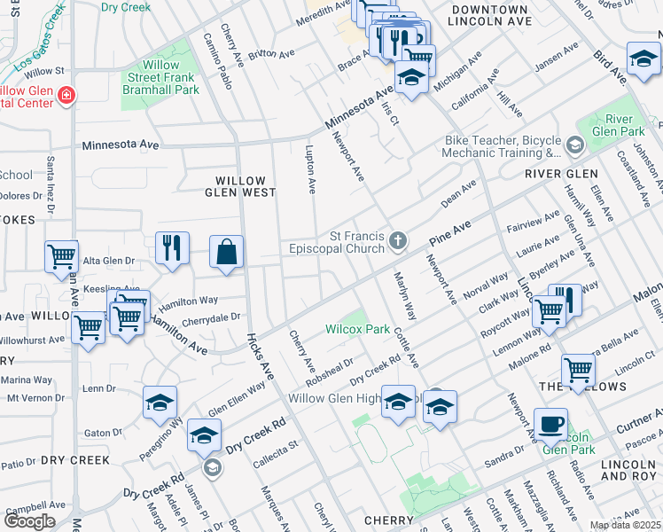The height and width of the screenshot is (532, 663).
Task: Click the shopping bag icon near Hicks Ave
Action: [227, 252]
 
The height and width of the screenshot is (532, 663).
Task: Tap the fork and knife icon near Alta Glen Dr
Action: [172, 248]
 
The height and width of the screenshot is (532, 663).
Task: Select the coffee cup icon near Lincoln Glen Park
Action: [550, 424]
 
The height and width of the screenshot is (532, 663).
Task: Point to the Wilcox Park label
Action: [357, 329]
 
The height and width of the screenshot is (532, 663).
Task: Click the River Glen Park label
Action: [625, 125]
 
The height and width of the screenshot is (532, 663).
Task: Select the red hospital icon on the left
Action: [65, 95]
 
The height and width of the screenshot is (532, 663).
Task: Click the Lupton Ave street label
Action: [310, 169]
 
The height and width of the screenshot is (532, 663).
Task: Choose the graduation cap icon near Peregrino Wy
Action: [160, 403]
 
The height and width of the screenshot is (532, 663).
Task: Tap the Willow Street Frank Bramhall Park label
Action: [160, 77]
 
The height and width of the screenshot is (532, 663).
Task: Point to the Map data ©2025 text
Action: [626, 526]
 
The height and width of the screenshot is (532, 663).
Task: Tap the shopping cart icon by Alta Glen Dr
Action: [61, 257]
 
